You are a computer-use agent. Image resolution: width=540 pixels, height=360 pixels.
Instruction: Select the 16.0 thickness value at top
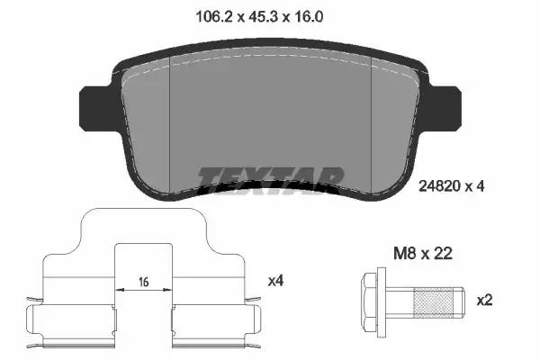click(309, 16)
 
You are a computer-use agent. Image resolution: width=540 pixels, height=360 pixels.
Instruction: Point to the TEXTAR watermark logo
click(271, 180)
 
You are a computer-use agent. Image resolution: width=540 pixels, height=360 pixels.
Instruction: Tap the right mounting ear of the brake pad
click(445, 109)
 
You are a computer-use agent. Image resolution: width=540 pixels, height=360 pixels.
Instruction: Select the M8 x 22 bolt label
click(423, 254)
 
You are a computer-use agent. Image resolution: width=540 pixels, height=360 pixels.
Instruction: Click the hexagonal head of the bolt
click(369, 301)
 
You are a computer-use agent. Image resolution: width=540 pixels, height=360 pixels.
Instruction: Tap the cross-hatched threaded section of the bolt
click(434, 302)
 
